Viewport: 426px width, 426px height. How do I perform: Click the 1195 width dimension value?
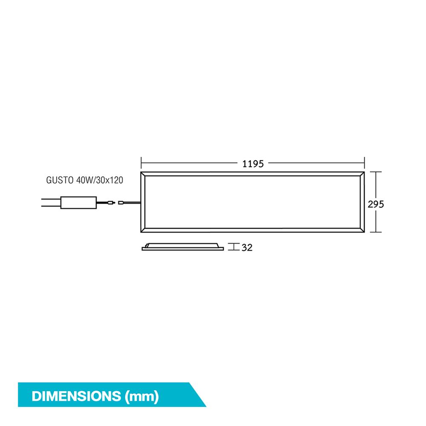pyautogui.click(x=253, y=163)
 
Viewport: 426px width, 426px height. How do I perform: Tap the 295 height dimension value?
pyautogui.click(x=376, y=204)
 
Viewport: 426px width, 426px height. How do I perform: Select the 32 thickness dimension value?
pyautogui.click(x=247, y=247)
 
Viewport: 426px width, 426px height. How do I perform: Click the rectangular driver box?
pyautogui.click(x=79, y=203)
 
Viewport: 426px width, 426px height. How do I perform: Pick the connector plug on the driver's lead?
pyautogui.click(x=112, y=203)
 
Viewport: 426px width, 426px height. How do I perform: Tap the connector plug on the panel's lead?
pyautogui.click(x=121, y=203)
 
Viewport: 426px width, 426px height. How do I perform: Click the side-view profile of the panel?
pyautogui.click(x=183, y=247)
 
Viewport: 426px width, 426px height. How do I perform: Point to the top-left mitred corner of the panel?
pyautogui.click(x=144, y=175)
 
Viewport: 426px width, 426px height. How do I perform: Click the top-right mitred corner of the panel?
pyautogui.click(x=362, y=175)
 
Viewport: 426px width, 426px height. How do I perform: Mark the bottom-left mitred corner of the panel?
pyautogui.click(x=144, y=230)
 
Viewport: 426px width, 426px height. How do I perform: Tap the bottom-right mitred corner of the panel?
pyautogui.click(x=362, y=230)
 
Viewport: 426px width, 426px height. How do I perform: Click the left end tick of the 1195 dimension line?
pyautogui.click(x=141, y=162)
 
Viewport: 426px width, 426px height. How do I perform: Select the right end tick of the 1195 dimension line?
pyautogui.click(x=365, y=162)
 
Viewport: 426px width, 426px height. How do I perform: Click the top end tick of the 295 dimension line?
pyautogui.click(x=375, y=172)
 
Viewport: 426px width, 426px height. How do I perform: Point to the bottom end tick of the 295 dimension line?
pyautogui.click(x=375, y=233)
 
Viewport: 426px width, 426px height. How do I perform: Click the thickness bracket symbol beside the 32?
pyautogui.click(x=233, y=247)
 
